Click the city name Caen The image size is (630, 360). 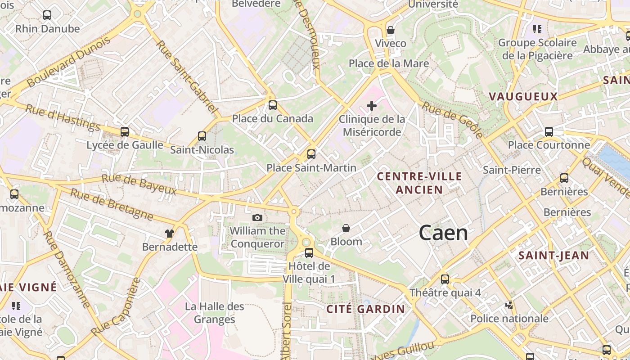coord(443,233)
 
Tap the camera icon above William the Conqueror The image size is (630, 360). coord(257,218)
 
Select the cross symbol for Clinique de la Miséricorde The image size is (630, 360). coord(372,106)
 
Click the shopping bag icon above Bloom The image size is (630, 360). coord(346,229)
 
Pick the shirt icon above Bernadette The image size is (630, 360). coord(170,234)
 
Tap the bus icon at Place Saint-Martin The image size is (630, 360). coord(311,154)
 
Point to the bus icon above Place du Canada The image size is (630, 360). coord(273,105)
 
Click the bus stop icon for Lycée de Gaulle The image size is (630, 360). coord(125,132)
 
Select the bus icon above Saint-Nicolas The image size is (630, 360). coord(202,136)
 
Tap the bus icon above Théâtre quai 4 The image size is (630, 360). coord(445,279)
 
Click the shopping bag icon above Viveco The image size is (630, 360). coord(391,30)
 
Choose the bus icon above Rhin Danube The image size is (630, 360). coord(47,15)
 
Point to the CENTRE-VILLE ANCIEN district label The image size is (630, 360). coord(419,183)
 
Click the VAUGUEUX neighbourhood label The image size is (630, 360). coord(523,96)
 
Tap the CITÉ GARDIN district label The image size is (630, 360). coord(365,309)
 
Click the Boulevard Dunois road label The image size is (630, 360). coord(69,62)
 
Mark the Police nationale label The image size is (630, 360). coord(509,319)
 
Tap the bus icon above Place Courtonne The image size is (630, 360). coord(549,132)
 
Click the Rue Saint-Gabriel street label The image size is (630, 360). coord(187,77)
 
